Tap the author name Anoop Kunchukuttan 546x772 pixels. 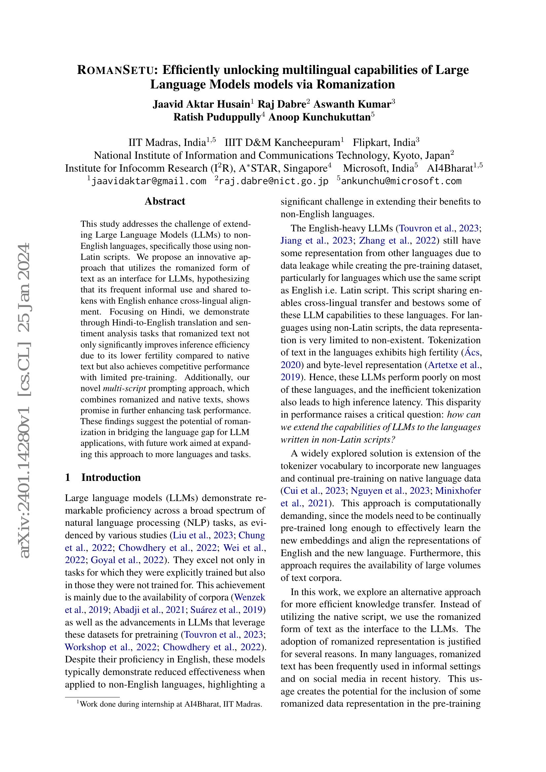point(319,117)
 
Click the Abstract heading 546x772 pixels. point(165,201)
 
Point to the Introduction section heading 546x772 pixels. point(111,478)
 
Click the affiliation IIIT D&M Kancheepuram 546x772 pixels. point(282,143)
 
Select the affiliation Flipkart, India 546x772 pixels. point(384,143)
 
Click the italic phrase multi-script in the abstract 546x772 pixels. point(124,389)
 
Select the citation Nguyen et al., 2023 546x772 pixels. point(390,491)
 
